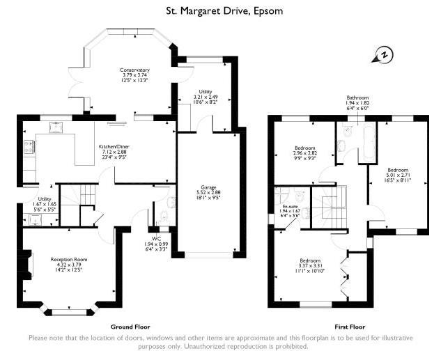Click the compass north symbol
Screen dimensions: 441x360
click(383, 54)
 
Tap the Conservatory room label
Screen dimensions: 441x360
click(134, 70)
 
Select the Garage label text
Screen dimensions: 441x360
click(208, 187)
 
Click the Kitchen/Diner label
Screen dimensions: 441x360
click(114, 147)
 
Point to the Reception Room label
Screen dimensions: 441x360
click(69, 260)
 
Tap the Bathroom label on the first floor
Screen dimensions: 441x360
click(357, 97)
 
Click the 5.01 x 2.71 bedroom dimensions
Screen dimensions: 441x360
click(398, 175)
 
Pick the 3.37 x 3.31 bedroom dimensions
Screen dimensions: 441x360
click(310, 265)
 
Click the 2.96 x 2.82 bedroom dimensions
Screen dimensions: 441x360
click(305, 153)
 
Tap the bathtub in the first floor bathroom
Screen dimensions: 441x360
click(369, 142)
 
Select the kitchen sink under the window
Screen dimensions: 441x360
click(56, 127)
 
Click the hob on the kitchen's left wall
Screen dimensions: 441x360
click(29, 147)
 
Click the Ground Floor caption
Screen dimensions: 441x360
click(130, 327)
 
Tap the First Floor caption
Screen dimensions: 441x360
click(350, 327)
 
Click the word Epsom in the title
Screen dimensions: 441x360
click(268, 11)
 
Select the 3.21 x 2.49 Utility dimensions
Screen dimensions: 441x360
click(206, 97)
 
